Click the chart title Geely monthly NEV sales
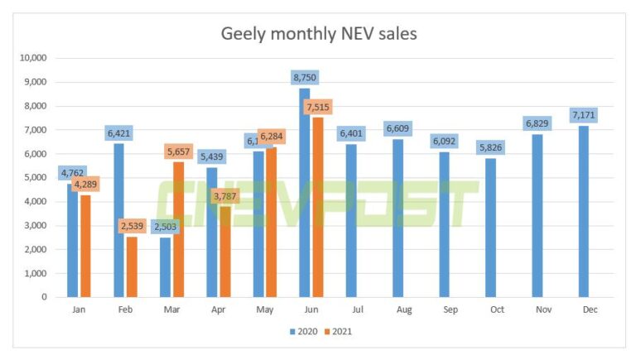click(318, 34)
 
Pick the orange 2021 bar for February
click(131, 266)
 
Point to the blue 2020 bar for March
click(166, 266)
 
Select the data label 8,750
click(304, 78)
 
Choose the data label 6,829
click(537, 123)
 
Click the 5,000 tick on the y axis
click(36, 177)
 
